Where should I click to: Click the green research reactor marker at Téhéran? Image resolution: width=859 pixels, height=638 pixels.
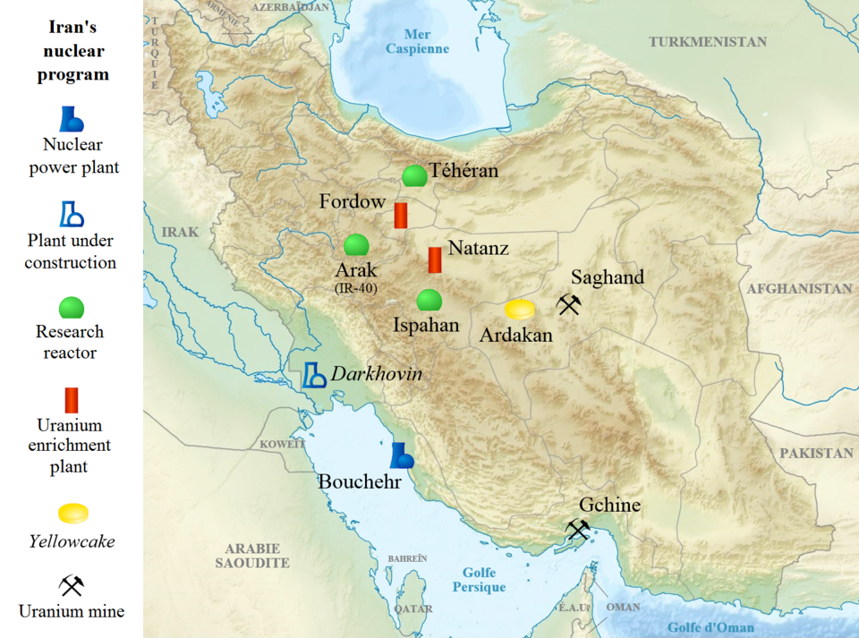pos(413,175)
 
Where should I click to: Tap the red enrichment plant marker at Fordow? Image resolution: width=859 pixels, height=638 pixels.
pos(402,215)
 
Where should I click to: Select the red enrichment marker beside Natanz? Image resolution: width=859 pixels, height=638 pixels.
pos(435,259)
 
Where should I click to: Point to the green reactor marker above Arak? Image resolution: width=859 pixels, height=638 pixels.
pos(356,244)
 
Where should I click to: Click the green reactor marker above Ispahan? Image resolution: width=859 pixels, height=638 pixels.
pos(429,300)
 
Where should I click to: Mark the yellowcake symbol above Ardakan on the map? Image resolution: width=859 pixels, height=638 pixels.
pos(520,310)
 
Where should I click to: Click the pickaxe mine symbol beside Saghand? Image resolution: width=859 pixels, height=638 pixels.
pos(569,305)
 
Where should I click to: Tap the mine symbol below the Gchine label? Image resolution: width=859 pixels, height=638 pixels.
pos(578,531)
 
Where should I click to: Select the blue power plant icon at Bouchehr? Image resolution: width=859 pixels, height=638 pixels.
pos(402,456)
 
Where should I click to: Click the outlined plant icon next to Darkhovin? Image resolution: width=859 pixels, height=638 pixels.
pos(313,374)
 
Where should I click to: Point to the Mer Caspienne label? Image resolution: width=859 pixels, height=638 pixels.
pos(417,42)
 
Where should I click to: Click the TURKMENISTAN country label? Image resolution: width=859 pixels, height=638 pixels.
pos(708,42)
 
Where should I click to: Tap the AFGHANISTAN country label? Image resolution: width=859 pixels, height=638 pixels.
pos(799,289)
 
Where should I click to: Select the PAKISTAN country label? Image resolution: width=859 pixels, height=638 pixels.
pos(815,454)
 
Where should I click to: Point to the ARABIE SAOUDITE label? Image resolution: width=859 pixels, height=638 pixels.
pos(252,556)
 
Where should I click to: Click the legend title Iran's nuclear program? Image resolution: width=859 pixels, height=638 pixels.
pos(72,52)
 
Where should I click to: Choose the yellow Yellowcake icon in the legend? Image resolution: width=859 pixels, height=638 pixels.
pos(72,514)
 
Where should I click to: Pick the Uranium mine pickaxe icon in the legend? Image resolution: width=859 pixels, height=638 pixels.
pos(71,585)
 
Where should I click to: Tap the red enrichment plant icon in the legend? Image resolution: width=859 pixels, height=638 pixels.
pos(72,400)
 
